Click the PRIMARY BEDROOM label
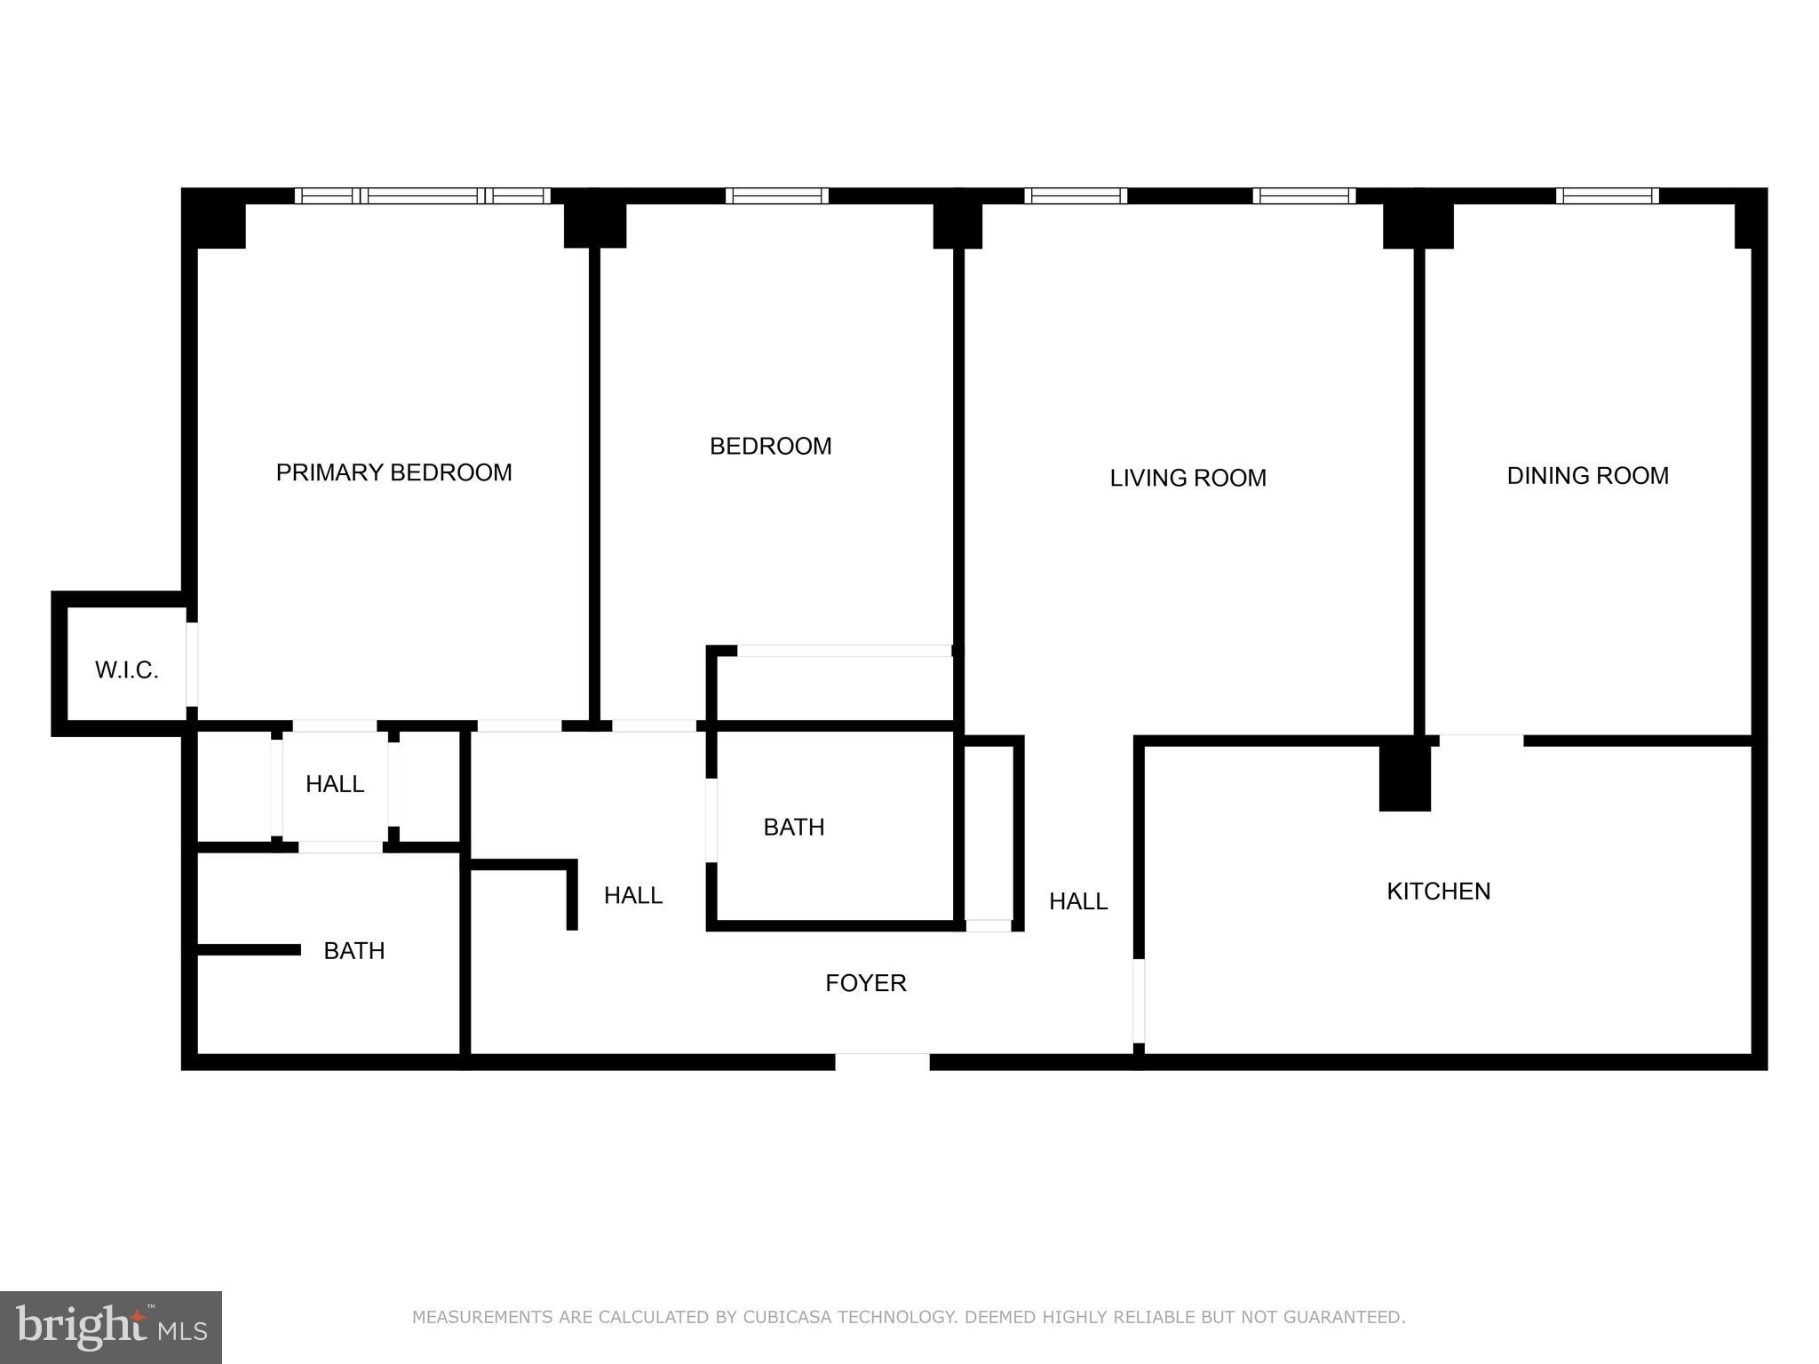[x=393, y=472]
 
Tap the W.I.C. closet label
[x=126, y=670]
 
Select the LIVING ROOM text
[x=1188, y=478]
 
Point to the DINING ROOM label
[x=1587, y=476]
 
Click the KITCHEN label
[x=1438, y=891]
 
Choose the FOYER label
[x=865, y=983]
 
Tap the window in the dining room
[x=1607, y=196]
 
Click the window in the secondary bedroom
[x=776, y=196]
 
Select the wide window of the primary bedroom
[x=423, y=196]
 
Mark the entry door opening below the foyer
[x=882, y=1061]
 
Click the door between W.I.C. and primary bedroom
[x=192, y=664]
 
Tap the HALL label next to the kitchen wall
[x=1077, y=901]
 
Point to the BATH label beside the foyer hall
[x=794, y=827]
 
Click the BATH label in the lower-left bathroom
[x=353, y=951]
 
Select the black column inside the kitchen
[x=1404, y=776]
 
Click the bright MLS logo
[x=110, y=1327]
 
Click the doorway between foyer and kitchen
[x=1139, y=1001]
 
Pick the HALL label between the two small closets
[x=334, y=784]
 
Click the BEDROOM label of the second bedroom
[x=770, y=446]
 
